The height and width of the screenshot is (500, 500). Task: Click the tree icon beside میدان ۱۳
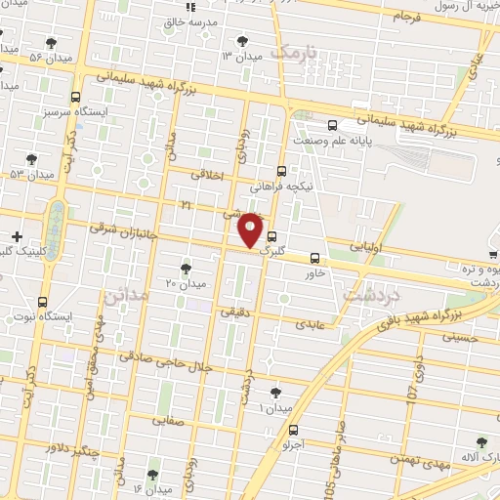pos(243,42)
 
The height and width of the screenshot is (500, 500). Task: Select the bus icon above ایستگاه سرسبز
pos(76,97)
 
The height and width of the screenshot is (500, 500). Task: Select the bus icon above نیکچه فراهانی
pos(281,169)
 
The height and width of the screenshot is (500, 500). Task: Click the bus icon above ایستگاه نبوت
pos(42,302)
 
